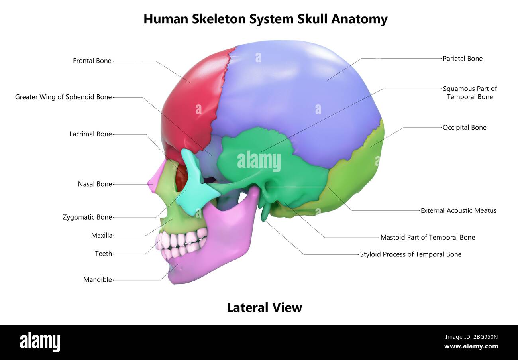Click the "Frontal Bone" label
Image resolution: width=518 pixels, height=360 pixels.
[92, 61]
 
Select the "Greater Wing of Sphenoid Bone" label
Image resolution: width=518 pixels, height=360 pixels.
[63, 97]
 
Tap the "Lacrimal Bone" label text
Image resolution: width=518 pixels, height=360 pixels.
[90, 134]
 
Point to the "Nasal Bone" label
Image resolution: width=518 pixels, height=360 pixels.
[95, 184]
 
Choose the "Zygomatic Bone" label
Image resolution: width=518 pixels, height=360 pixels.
[87, 217]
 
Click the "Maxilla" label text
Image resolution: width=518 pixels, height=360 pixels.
[102, 235]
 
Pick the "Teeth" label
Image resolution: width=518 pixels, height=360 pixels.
[103, 254]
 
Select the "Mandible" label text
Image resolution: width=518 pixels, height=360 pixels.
[98, 280]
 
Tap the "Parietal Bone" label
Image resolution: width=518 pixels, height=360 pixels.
[462, 59]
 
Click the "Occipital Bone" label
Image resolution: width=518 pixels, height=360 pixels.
[464, 128]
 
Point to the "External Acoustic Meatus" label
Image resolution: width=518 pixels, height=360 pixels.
[458, 210]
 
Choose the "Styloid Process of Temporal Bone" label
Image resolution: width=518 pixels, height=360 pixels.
[410, 254]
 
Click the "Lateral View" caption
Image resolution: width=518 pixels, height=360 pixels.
[264, 307]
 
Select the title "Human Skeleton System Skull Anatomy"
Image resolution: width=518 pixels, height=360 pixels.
[265, 19]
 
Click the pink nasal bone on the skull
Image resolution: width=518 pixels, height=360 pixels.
[155, 177]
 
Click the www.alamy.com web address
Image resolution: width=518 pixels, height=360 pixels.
[471, 346]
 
